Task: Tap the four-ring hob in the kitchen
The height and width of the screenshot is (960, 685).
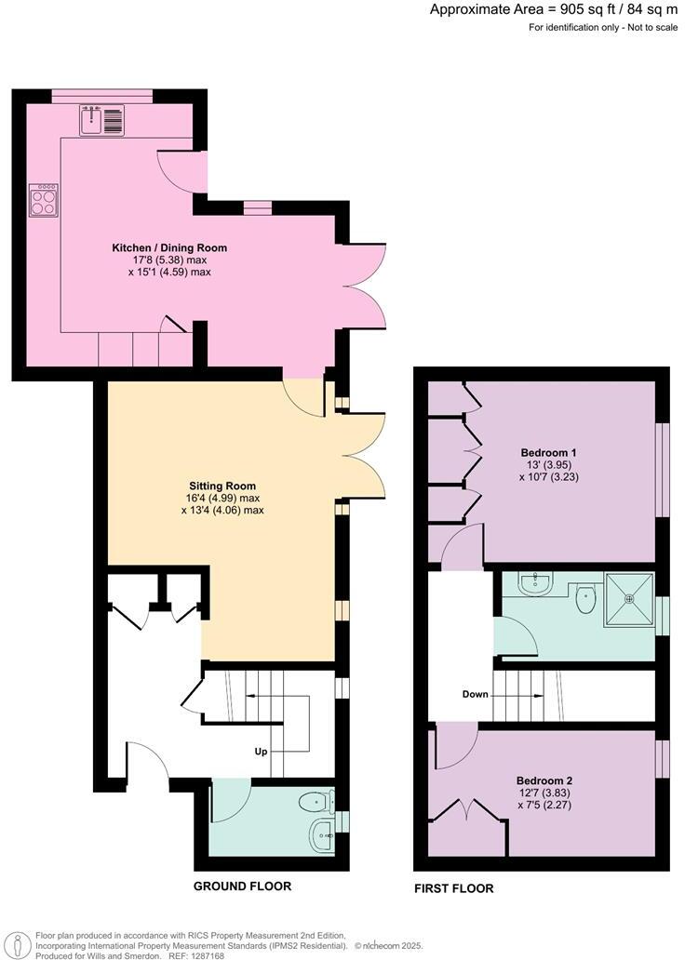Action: click(44, 201)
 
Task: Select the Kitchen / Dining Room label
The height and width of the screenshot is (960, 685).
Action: click(169, 248)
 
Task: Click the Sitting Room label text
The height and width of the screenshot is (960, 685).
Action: click(222, 486)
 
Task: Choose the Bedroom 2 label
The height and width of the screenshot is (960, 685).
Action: click(544, 780)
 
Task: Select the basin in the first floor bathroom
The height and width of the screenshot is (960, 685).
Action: click(536, 584)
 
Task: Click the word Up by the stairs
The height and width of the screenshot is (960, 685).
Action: click(263, 751)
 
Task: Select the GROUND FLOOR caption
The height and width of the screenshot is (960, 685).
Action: click(242, 887)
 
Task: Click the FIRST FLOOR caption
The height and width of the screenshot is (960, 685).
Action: click(453, 888)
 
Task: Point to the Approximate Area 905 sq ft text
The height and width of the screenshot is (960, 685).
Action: click(554, 9)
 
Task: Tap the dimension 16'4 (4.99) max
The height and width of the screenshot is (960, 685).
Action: click(222, 498)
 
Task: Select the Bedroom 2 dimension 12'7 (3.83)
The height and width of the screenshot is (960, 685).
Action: click(544, 793)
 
